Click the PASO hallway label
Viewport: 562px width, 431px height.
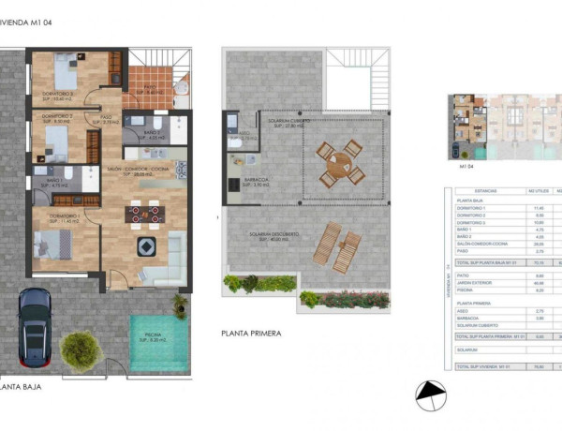point(108,119)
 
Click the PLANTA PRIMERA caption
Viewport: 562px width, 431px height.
point(251,332)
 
